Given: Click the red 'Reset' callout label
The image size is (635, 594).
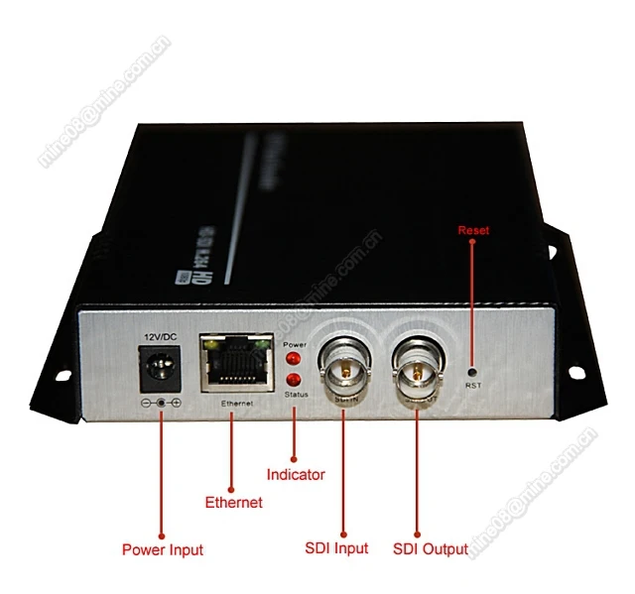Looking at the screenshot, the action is pyautogui.click(x=473, y=231).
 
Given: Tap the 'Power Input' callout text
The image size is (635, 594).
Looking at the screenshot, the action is pyautogui.click(x=163, y=548).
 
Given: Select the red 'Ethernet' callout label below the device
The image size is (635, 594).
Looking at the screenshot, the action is pyautogui.click(x=233, y=503).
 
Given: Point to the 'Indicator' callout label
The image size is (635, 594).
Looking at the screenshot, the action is pyautogui.click(x=297, y=474).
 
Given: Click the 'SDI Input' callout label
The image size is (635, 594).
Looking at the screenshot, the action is pyautogui.click(x=337, y=548).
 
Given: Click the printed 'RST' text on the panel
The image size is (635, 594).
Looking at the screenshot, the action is pyautogui.click(x=472, y=384).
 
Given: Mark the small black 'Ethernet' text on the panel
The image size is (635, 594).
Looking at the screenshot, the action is pyautogui.click(x=235, y=404).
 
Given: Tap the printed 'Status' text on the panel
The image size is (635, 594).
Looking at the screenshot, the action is pyautogui.click(x=295, y=396).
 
